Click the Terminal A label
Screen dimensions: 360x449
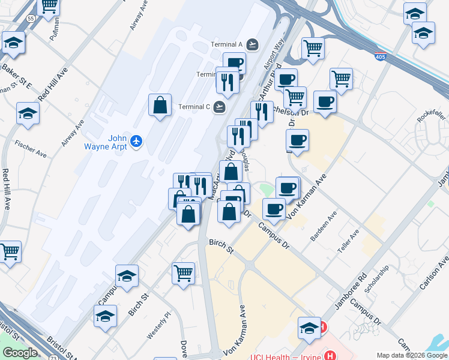click(226, 44)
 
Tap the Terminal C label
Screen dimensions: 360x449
click(194, 107)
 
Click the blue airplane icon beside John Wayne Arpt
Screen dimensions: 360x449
click(137, 142)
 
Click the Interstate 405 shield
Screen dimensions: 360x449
click(379, 56)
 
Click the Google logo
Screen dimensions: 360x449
click(20, 353)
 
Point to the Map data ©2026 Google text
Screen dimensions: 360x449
click(411, 355)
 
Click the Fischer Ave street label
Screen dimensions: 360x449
click(31, 149)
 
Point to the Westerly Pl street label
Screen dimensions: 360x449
click(159, 325)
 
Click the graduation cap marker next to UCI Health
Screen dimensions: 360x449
click(310, 328)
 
